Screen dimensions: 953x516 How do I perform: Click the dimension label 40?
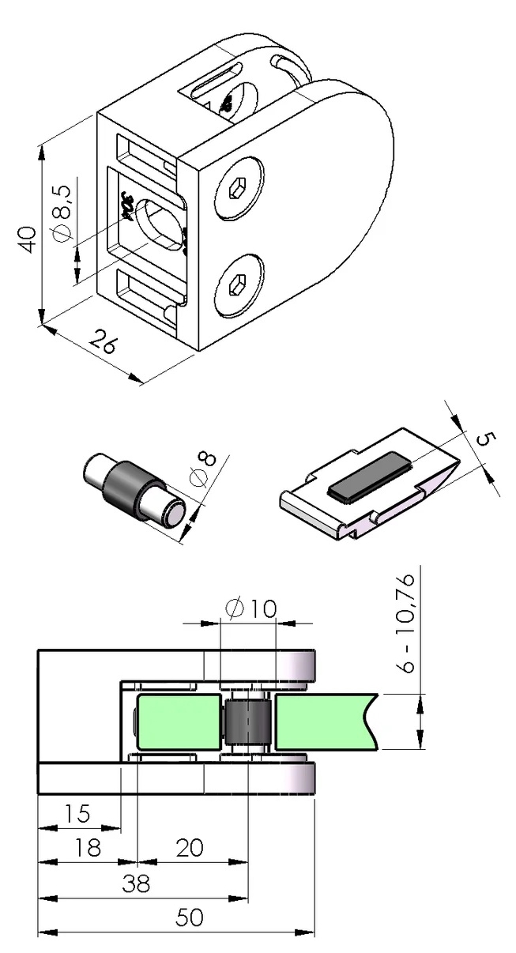(28, 239)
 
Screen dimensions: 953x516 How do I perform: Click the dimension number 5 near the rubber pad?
(483, 439)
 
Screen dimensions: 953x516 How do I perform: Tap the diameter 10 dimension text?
(250, 608)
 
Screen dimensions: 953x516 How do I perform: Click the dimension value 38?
(137, 883)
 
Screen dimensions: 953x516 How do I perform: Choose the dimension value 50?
(190, 917)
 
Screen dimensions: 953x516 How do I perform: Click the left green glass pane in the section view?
(179, 722)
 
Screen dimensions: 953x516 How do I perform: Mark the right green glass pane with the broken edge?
(324, 722)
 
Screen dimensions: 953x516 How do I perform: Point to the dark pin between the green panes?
(247, 723)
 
